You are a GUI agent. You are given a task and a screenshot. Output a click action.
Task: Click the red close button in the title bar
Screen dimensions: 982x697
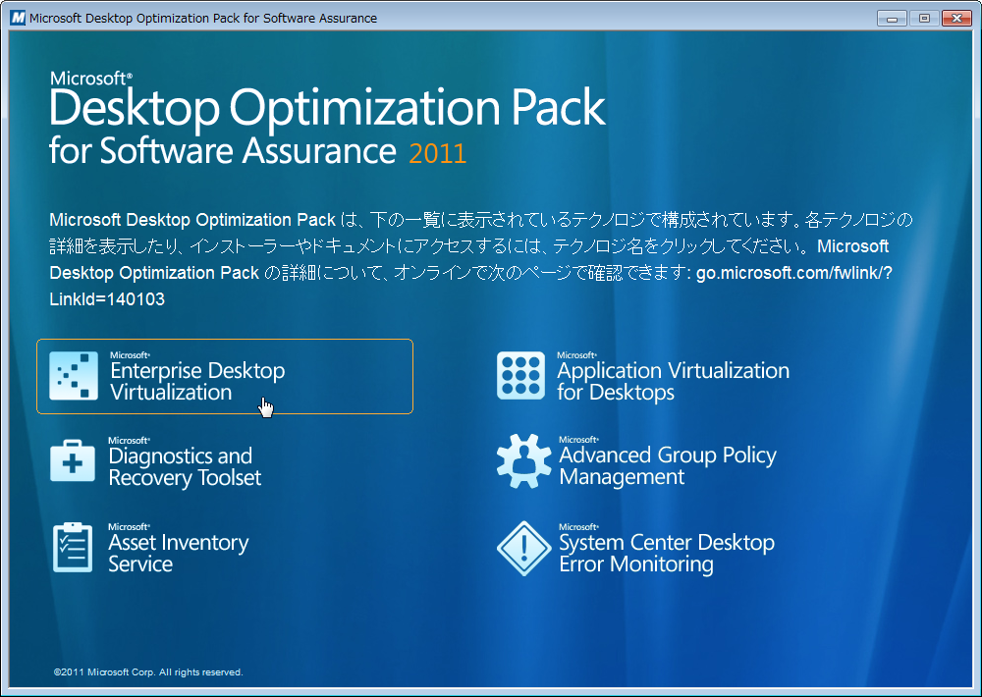click(x=956, y=18)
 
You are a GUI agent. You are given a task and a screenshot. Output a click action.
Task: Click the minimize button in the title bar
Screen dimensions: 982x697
click(x=892, y=18)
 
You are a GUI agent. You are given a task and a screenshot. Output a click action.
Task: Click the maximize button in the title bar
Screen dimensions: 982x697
click(x=924, y=18)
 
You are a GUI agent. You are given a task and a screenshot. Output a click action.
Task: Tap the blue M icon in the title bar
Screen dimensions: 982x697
click(x=18, y=18)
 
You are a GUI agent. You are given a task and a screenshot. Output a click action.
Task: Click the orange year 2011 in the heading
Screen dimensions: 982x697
click(x=438, y=153)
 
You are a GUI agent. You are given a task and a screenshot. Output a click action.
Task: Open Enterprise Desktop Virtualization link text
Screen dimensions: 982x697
click(x=197, y=381)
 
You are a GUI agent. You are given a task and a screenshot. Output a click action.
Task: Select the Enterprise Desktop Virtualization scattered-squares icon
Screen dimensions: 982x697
click(x=74, y=376)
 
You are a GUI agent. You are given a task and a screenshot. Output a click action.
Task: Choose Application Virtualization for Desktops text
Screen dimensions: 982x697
click(x=674, y=381)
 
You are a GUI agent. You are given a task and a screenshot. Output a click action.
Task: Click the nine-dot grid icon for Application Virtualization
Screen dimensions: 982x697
click(x=521, y=376)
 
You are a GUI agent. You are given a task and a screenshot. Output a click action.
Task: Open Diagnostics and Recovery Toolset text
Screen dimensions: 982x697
click(x=185, y=466)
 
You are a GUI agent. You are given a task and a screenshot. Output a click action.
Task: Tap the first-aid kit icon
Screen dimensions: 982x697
click(x=73, y=460)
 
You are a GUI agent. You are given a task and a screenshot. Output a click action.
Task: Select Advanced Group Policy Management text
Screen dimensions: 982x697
click(x=668, y=465)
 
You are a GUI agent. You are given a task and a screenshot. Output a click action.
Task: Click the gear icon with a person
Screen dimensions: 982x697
click(x=523, y=461)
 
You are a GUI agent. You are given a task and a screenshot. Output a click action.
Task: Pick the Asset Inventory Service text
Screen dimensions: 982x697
click(x=179, y=553)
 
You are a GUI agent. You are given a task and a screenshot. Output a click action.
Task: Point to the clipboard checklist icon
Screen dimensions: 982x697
click(x=73, y=548)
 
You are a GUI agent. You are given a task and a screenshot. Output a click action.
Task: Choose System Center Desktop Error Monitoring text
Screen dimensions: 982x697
click(x=667, y=553)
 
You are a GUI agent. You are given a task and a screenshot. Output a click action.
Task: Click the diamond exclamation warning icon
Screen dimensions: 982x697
click(x=523, y=549)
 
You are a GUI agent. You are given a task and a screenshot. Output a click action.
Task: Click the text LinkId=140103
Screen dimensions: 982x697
click(x=107, y=299)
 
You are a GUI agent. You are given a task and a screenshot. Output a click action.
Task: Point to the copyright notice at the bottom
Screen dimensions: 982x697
click(x=148, y=671)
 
